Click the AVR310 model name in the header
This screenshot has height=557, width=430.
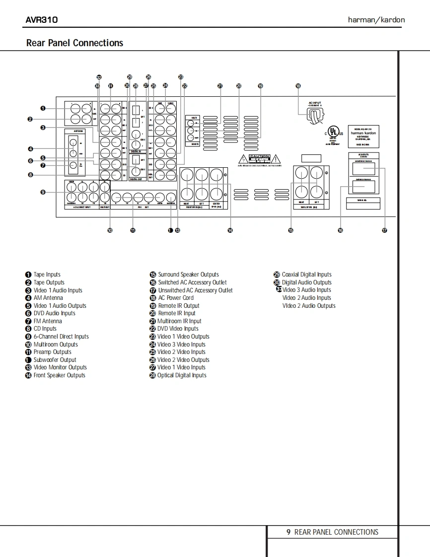pyautogui.click(x=42, y=20)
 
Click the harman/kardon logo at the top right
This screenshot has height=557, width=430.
pyautogui.click(x=376, y=20)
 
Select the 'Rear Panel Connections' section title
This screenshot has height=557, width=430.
pyautogui.click(x=74, y=43)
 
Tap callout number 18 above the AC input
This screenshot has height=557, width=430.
pyautogui.click(x=298, y=86)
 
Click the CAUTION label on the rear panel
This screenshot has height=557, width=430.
pyautogui.click(x=259, y=157)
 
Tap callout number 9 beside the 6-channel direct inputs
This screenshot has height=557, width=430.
pyautogui.click(x=43, y=192)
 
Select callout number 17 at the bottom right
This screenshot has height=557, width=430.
pyautogui.click(x=384, y=230)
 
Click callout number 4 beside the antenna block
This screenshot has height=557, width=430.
pyautogui.click(x=30, y=148)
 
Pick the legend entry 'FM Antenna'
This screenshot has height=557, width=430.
pyautogui.click(x=48, y=321)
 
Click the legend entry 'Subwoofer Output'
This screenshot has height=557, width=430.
pyautogui.click(x=55, y=360)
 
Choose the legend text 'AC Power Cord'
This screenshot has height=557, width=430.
pyautogui.click(x=176, y=298)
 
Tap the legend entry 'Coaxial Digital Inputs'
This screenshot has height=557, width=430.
pyautogui.click(x=306, y=275)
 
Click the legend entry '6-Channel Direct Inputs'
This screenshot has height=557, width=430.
pyautogui.click(x=61, y=337)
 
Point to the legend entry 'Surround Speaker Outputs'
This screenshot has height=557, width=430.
pyautogui.click(x=188, y=275)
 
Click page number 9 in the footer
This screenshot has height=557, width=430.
pyautogui.click(x=288, y=532)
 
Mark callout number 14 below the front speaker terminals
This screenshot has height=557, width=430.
pyautogui.click(x=230, y=230)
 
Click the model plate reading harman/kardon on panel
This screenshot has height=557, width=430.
pyautogui.click(x=363, y=134)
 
